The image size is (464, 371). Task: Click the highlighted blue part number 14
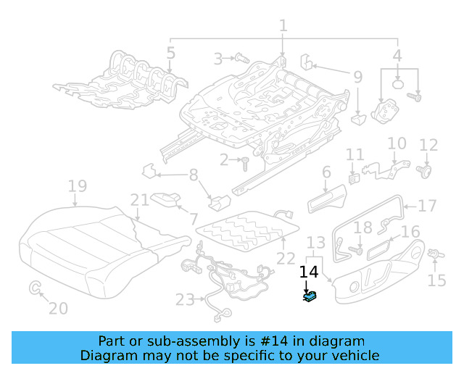(310, 296)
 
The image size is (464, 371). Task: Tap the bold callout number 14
(309, 272)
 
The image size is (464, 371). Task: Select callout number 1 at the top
(283, 25)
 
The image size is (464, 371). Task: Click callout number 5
(170, 52)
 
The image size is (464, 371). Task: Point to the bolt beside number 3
(241, 57)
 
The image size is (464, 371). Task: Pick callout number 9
(357, 76)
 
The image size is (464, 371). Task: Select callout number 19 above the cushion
(77, 186)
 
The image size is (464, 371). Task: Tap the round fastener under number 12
(427, 171)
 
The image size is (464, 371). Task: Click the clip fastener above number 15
(436, 254)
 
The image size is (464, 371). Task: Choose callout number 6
(326, 172)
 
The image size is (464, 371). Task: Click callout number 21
(140, 200)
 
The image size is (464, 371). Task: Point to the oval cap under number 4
(398, 85)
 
